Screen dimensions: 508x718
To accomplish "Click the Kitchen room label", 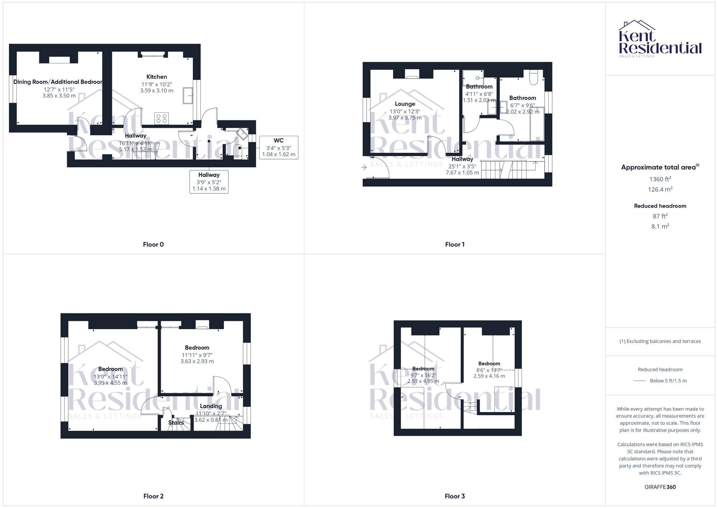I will [157, 77].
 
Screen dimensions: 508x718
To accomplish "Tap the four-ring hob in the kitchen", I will [162, 118].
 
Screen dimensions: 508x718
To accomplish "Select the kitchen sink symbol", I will [187, 95].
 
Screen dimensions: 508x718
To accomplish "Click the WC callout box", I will [279, 147].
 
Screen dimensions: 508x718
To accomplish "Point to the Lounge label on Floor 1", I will [405, 104].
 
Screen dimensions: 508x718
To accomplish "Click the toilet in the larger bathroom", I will [533, 77].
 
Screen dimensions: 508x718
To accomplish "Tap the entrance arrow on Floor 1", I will [364, 167].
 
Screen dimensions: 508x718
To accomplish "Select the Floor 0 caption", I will [153, 244].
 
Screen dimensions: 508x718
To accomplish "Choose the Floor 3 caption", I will [454, 496].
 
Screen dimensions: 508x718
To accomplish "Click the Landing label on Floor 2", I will [211, 406].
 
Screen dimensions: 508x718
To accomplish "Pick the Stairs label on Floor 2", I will [176, 423].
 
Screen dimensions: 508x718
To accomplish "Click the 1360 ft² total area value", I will [660, 179].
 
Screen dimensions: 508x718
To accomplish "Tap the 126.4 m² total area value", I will [660, 189].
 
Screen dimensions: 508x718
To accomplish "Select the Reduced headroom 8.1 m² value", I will [660, 226].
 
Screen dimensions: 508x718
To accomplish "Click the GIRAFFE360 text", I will [660, 487].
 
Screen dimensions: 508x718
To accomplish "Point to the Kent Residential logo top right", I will [660, 39].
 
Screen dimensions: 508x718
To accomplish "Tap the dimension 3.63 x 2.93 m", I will [197, 361].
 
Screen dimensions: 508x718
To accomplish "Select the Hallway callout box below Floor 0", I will [209, 182].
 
